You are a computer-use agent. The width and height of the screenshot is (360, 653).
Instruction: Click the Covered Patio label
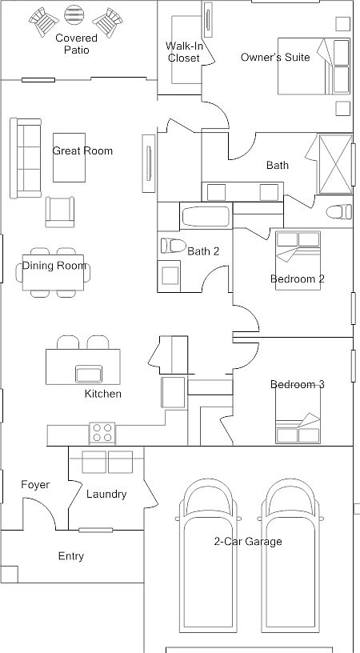click(77, 44)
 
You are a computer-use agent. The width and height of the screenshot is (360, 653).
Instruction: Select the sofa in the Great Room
click(25, 158)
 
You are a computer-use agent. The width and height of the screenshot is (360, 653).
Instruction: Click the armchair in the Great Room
click(61, 210)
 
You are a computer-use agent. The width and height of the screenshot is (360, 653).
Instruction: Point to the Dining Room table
click(54, 272)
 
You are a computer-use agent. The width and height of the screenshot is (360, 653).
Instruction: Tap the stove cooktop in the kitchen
click(102, 432)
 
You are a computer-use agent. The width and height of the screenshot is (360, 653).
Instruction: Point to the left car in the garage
click(208, 564)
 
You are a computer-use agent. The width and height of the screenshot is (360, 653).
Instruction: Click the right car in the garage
click(292, 564)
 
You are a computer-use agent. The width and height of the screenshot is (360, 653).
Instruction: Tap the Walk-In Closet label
click(183, 52)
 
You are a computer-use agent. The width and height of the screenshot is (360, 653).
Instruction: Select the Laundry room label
click(106, 495)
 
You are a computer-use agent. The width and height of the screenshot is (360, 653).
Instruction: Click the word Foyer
click(35, 485)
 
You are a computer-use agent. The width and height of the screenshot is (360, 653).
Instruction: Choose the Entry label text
click(70, 556)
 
